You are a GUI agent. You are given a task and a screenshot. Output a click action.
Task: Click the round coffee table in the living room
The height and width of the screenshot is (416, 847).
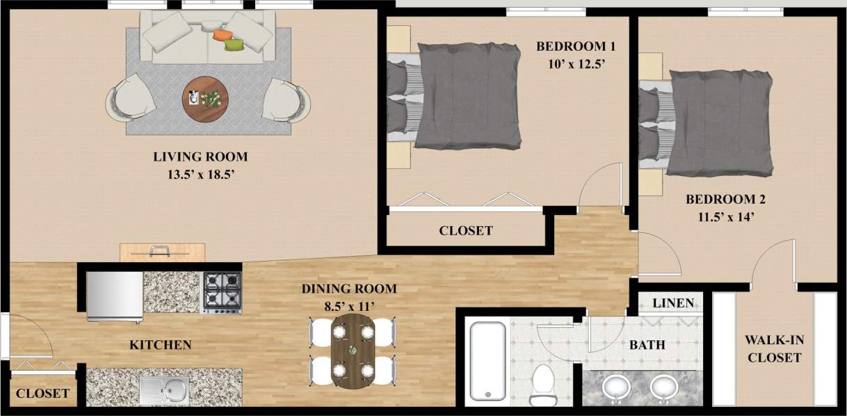click(x=204, y=98)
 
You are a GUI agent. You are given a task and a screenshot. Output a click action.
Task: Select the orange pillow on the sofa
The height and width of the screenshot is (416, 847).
click(x=222, y=33)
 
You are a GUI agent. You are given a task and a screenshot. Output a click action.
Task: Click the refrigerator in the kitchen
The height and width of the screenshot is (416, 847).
click(x=115, y=296)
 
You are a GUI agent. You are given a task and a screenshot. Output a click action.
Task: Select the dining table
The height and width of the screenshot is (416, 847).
click(x=353, y=351)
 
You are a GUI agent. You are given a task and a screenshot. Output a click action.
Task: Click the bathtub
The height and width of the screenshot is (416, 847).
click(x=486, y=362)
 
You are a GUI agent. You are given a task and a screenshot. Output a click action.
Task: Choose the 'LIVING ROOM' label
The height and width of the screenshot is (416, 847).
click(x=200, y=157)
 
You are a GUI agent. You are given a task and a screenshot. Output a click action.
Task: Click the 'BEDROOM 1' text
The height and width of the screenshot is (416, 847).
click(x=576, y=47)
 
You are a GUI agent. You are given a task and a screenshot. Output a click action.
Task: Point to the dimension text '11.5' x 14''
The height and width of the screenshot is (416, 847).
click(x=725, y=216)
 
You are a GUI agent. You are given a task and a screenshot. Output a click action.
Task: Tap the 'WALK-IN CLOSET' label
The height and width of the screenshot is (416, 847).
click(x=773, y=349)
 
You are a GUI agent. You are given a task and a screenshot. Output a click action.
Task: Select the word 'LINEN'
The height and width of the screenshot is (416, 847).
click(x=674, y=303)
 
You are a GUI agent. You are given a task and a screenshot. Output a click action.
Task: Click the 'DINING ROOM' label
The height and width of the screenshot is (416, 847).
click(x=348, y=289)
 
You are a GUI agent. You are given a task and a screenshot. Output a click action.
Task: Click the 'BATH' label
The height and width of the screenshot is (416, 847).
click(x=647, y=344)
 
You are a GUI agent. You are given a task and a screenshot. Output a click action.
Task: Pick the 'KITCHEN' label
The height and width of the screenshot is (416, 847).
click(x=160, y=344)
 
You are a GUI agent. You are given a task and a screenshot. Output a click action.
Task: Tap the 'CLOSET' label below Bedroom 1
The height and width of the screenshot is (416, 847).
click(x=466, y=230)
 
